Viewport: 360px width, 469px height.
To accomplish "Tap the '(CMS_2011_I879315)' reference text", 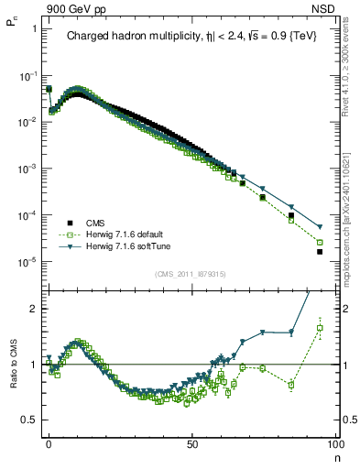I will point(191,274).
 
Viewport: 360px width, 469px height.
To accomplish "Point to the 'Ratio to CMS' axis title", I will point(12,376).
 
